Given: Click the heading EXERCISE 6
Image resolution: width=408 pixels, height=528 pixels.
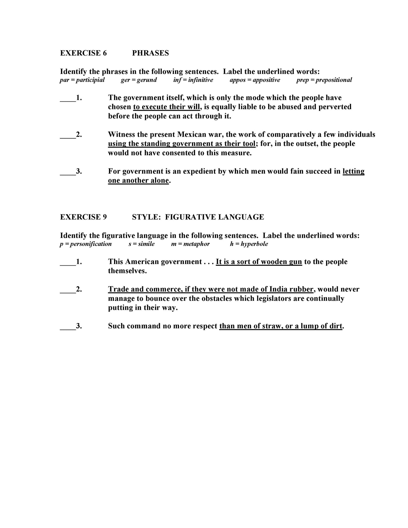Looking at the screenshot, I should [83, 53].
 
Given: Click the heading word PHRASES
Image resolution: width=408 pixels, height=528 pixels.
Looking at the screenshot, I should [150, 53].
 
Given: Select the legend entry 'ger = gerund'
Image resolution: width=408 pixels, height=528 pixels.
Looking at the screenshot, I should [139, 80].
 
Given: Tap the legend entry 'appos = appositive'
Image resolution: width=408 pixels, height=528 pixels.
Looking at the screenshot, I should [255, 80].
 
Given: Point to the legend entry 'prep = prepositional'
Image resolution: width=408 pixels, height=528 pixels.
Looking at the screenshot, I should [324, 80].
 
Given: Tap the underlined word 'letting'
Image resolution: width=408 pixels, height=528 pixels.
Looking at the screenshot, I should [354, 171].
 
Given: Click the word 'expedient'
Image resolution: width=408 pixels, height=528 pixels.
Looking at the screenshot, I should [199, 171].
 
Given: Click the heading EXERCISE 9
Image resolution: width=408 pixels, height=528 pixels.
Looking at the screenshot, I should [83, 217].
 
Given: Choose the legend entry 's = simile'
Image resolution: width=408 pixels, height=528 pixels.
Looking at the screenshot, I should [141, 244].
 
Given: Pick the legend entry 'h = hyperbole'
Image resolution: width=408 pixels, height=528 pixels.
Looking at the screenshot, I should [249, 244].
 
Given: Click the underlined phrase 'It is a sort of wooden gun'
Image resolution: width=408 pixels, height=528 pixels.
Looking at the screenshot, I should [259, 262].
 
